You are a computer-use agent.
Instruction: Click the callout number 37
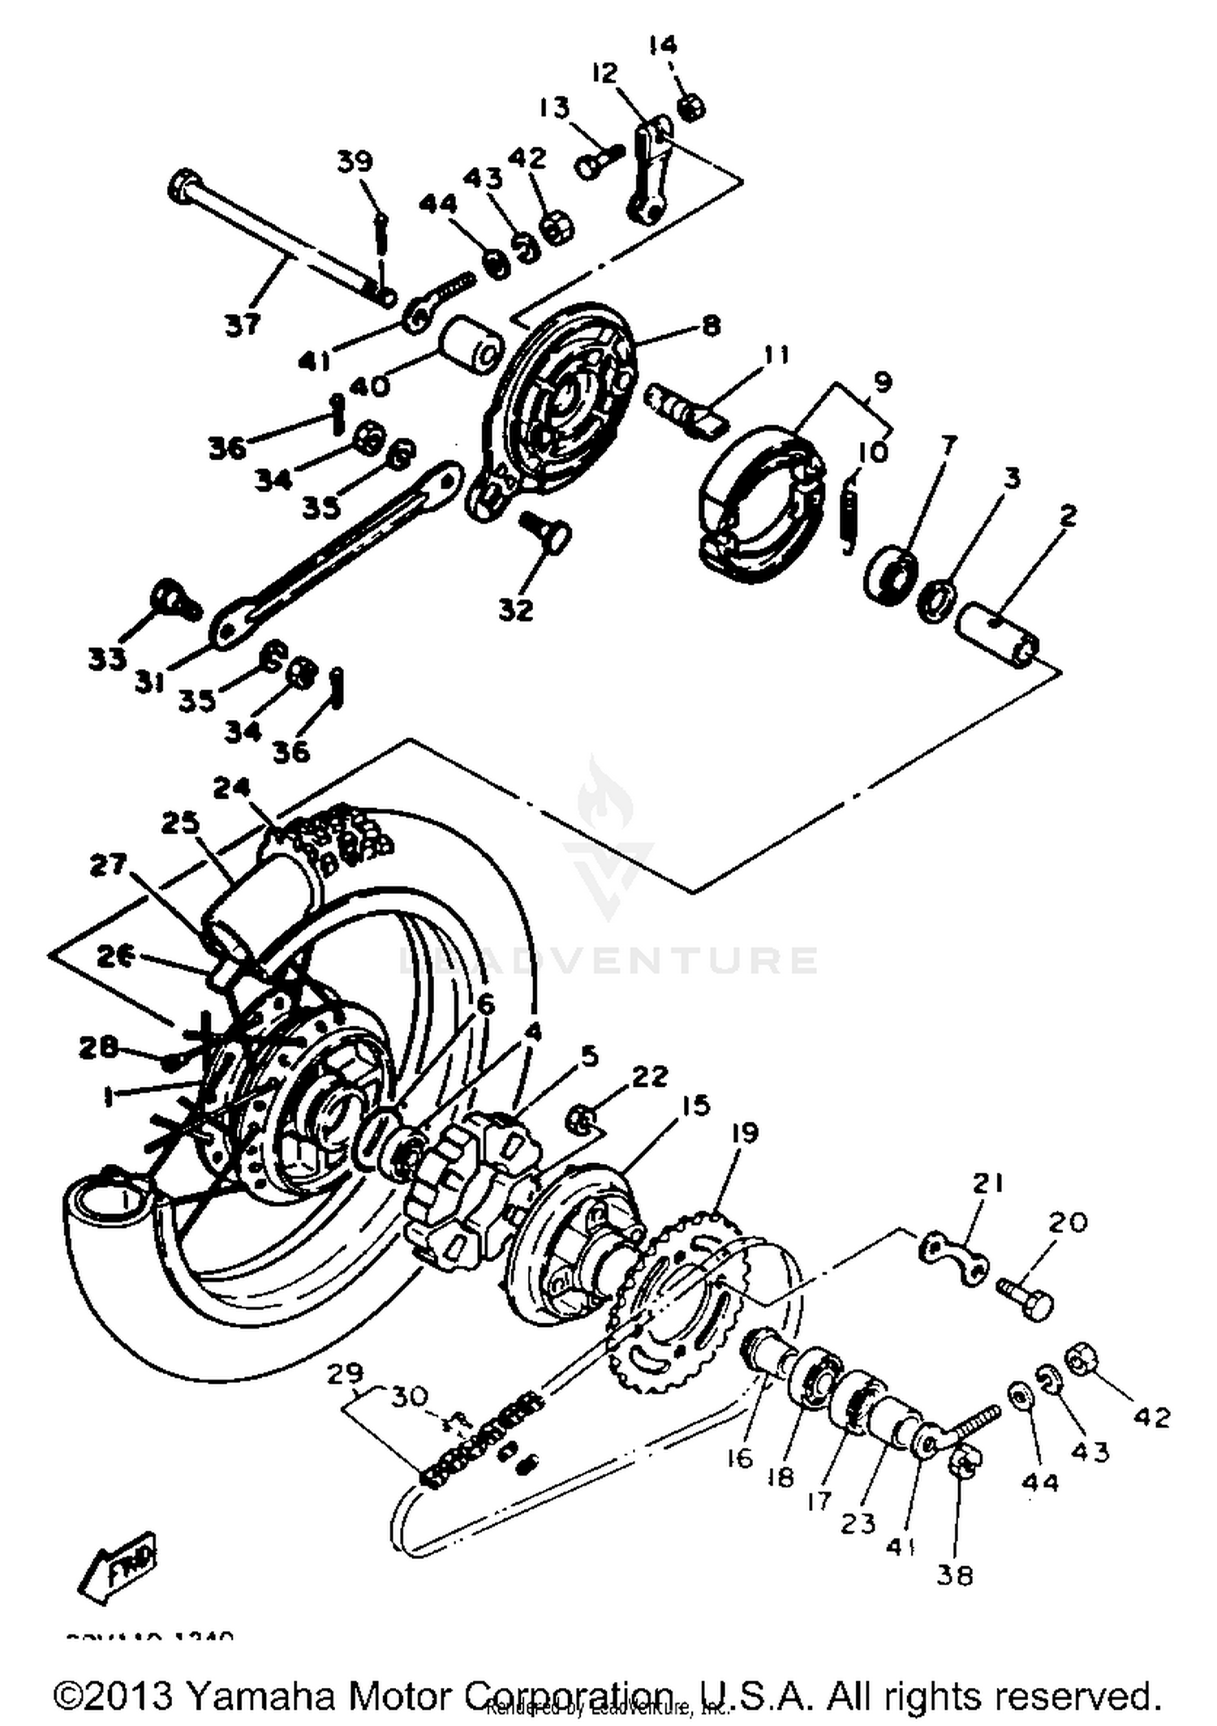[243, 324]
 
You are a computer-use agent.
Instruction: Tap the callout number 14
[663, 44]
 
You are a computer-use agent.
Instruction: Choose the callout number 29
[346, 1374]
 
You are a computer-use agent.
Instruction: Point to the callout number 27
[108, 865]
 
